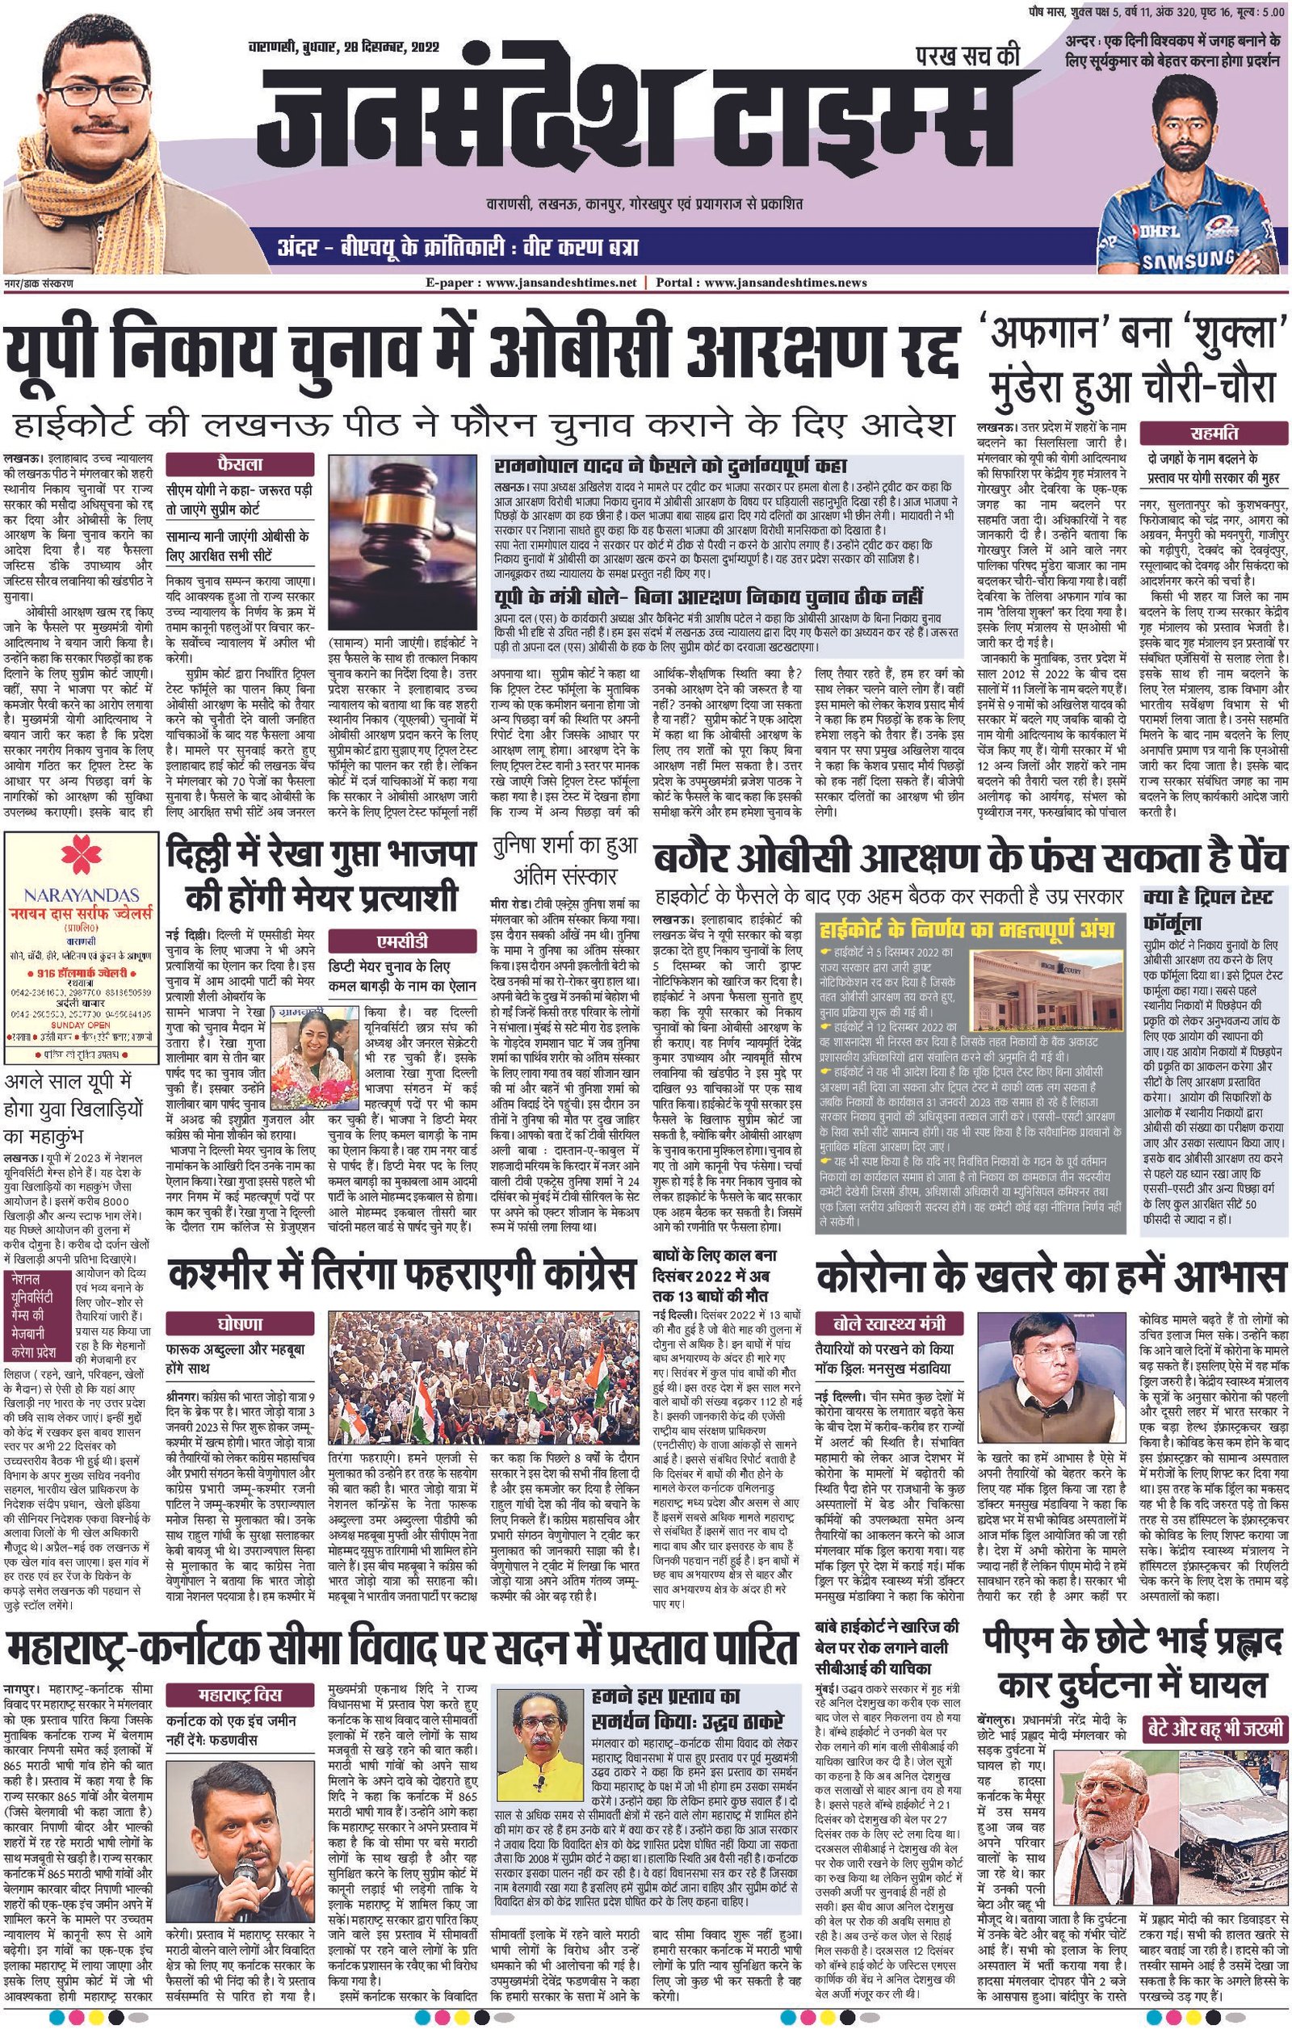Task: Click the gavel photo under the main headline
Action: click(x=405, y=539)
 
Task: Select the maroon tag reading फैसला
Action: click(x=240, y=464)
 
